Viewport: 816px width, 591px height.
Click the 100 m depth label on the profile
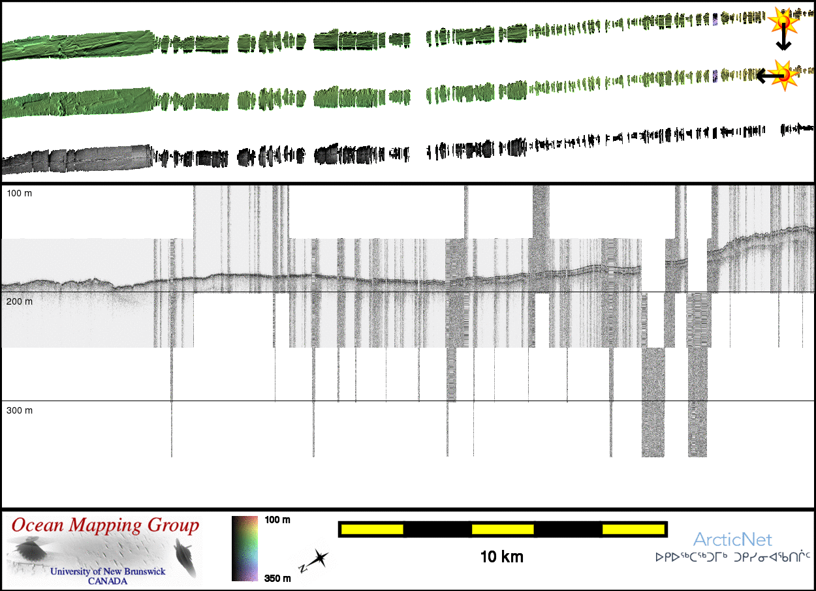pyautogui.click(x=20, y=194)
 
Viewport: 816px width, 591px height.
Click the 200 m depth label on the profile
pyautogui.click(x=20, y=302)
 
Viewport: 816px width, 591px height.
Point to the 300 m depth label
pyautogui.click(x=20, y=410)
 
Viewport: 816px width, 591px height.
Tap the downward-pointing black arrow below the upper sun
pyautogui.click(x=783, y=42)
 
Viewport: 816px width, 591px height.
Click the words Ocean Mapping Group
pyautogui.click(x=105, y=525)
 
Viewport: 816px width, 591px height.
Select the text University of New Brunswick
pyautogui.click(x=108, y=571)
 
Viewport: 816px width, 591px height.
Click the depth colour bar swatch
pyautogui.click(x=245, y=548)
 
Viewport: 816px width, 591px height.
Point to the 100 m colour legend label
pyautogui.click(x=277, y=520)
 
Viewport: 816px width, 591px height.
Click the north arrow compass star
pyautogui.click(x=319, y=558)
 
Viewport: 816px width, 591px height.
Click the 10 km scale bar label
pyautogui.click(x=501, y=557)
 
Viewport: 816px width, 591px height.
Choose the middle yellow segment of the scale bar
pyautogui.click(x=503, y=529)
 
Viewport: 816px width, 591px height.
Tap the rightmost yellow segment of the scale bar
pyautogui.click(x=633, y=529)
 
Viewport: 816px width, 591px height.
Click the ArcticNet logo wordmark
pyautogui.click(x=732, y=539)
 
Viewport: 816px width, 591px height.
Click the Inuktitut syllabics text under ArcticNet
pyautogui.click(x=732, y=558)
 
